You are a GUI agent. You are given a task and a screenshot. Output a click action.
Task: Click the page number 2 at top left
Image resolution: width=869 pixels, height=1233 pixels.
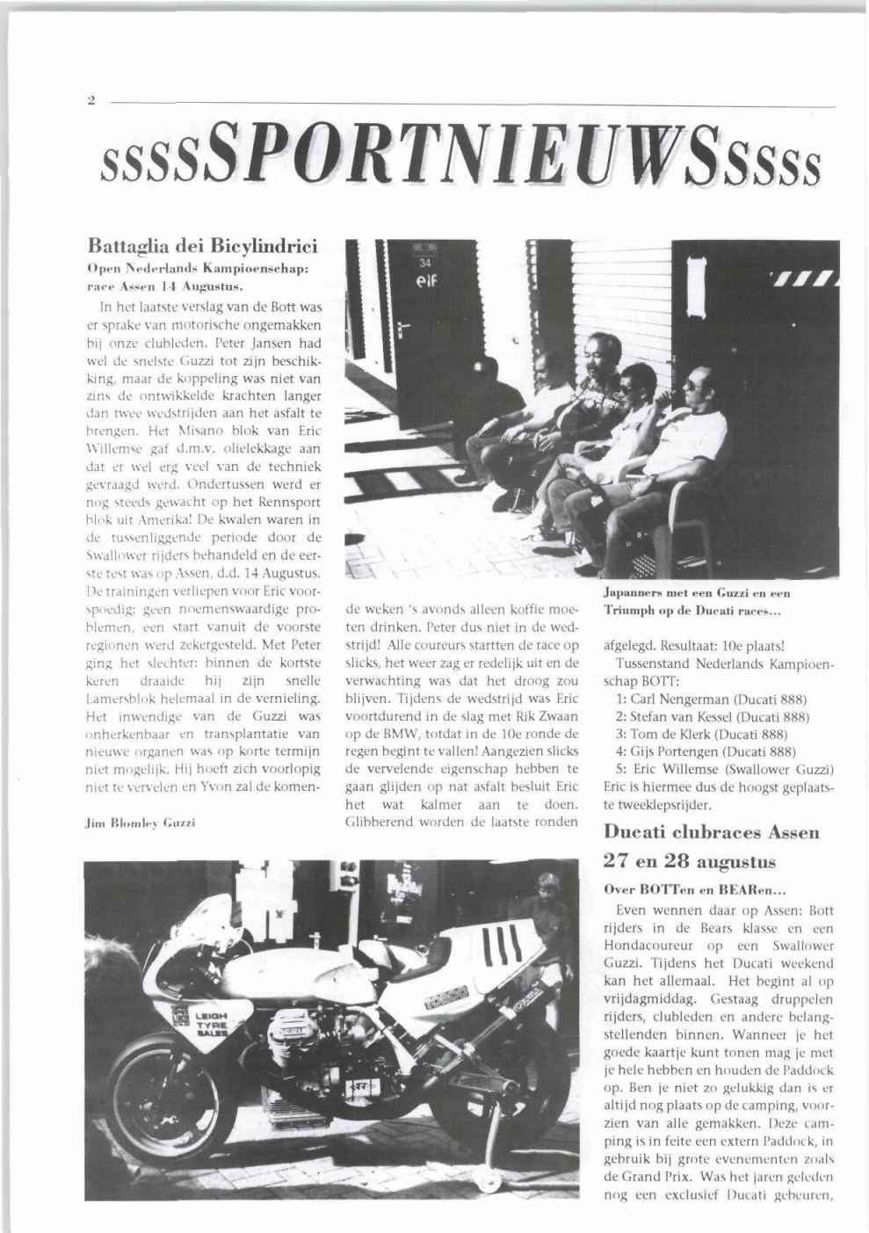pos(91,102)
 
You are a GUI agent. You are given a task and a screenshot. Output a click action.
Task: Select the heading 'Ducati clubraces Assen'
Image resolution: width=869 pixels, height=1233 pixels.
pos(712,830)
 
